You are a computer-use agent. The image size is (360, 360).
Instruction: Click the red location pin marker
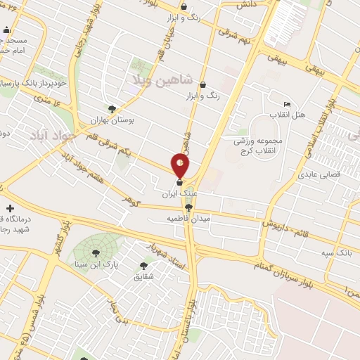[x=181, y=166]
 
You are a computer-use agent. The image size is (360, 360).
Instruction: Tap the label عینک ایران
[x=180, y=191]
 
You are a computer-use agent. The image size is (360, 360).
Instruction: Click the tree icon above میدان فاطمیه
[x=188, y=207]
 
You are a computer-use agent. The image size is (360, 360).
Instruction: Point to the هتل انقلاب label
[x=288, y=115]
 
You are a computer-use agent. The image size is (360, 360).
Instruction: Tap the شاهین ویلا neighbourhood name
[x=158, y=79]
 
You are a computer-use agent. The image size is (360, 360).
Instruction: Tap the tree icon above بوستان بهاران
[x=112, y=108]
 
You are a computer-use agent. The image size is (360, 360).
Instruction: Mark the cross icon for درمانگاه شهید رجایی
[x=10, y=208]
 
